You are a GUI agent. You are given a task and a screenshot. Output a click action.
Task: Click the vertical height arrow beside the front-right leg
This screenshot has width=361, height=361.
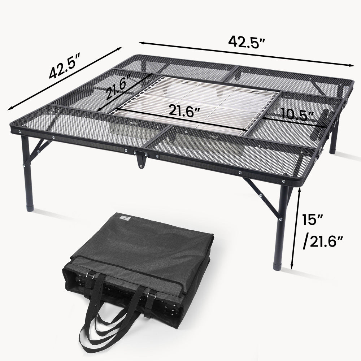[296, 227]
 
